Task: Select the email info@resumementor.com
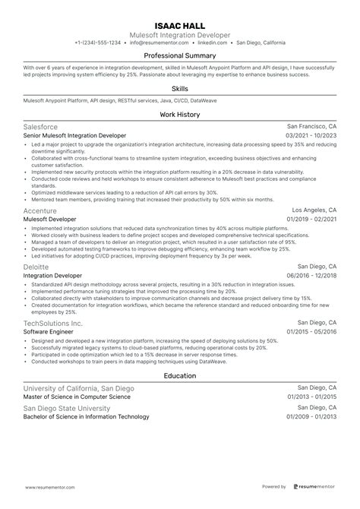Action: pyautogui.click(x=159, y=43)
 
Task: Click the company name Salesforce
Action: pyautogui.click(x=41, y=127)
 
